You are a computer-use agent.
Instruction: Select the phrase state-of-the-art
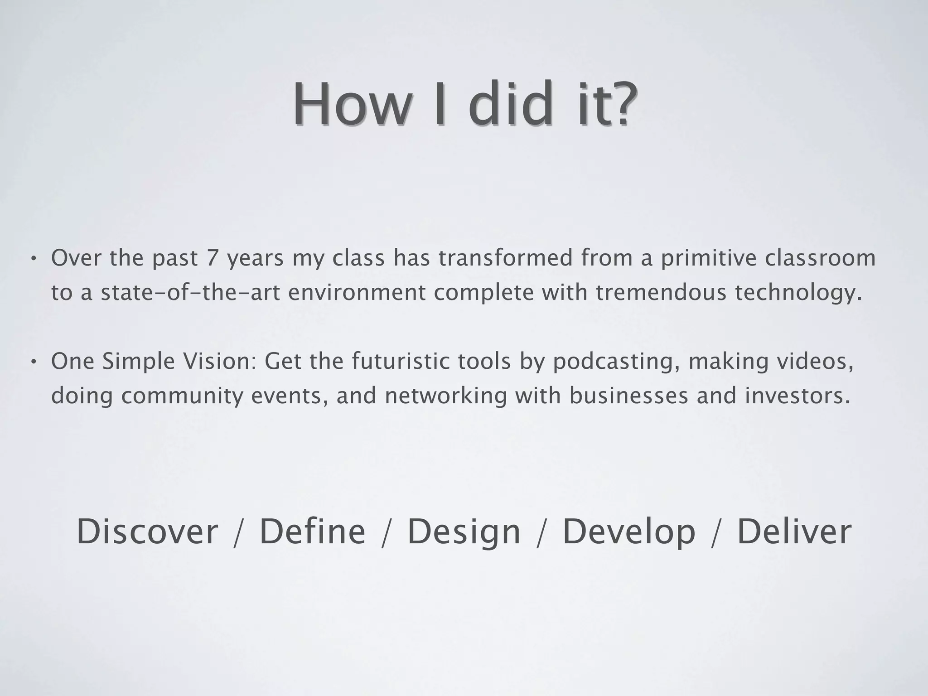pyautogui.click(x=188, y=293)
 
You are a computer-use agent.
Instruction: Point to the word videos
pyautogui.click(x=815, y=362)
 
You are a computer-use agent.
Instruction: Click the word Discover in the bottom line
pyautogui.click(x=147, y=532)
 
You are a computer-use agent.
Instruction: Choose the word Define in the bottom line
pyautogui.click(x=312, y=532)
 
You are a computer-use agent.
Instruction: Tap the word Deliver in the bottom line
pyautogui.click(x=794, y=532)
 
